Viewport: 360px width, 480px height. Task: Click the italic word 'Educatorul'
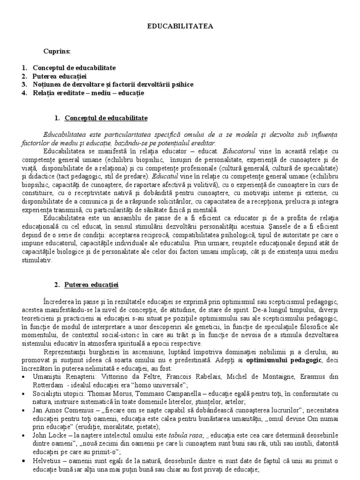(240, 151)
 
